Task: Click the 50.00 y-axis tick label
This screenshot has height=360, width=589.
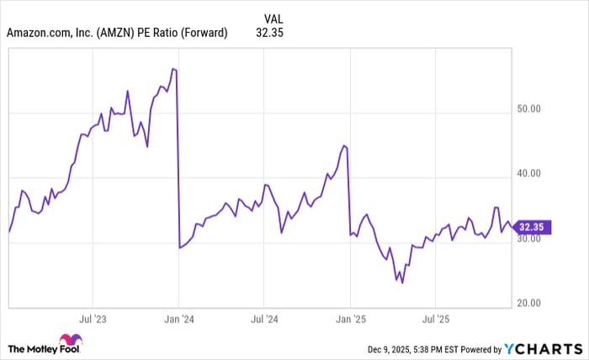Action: [x=534, y=109]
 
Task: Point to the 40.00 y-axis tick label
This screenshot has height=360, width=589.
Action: [x=534, y=173]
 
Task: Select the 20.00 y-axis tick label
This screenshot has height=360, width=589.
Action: [x=534, y=303]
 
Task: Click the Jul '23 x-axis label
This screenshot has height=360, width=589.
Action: [x=93, y=320]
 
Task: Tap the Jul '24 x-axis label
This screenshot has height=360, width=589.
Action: [x=264, y=320]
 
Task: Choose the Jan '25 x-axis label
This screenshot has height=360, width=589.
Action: [x=350, y=320]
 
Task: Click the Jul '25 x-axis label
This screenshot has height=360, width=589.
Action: [x=435, y=320]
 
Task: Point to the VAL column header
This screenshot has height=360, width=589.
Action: [x=273, y=18]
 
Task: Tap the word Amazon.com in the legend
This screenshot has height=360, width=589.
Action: [x=37, y=34]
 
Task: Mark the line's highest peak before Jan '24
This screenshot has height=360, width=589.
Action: [x=172, y=69]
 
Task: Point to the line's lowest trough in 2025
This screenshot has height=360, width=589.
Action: [x=402, y=283]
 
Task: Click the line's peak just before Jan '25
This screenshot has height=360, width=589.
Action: [x=344, y=146]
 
